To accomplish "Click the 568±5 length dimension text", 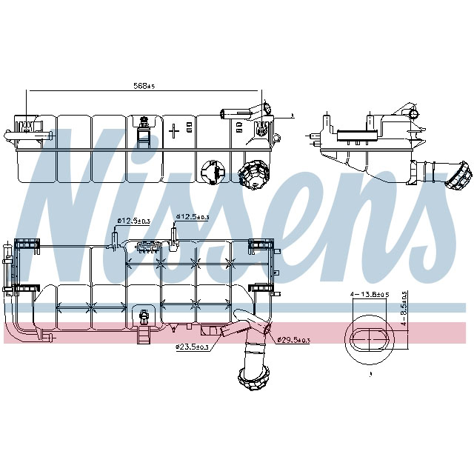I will pyautogui.click(x=144, y=86).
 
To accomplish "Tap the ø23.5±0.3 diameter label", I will pyautogui.click(x=192, y=346).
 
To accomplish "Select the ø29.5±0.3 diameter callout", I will pyautogui.click(x=293, y=340).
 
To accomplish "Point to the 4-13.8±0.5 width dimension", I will pyautogui.click(x=370, y=295).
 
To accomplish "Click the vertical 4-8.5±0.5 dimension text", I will pyautogui.click(x=404, y=308).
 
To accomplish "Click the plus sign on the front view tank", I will pyautogui.click(x=174, y=131).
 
